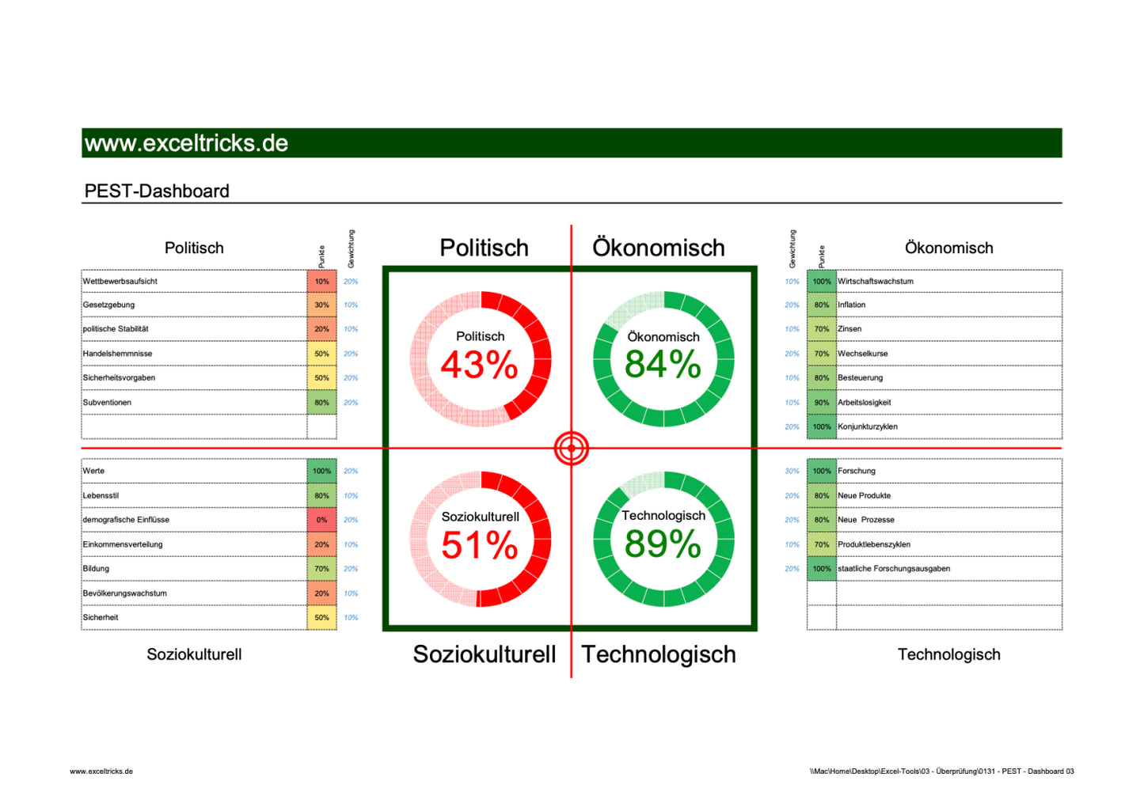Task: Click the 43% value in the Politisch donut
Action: pos(479,366)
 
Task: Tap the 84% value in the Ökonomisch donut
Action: pos(663,365)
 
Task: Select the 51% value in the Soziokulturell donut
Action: pos(479,545)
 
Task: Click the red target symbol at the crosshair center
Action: pos(571,449)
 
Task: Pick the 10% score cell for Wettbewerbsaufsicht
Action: pos(321,282)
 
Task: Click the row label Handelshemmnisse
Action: pos(117,354)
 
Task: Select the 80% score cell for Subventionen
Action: pos(321,403)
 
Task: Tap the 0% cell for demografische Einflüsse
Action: pos(321,520)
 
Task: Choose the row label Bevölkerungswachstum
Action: pos(124,593)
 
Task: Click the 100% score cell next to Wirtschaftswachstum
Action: pos(822,282)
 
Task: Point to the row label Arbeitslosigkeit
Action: pos(864,403)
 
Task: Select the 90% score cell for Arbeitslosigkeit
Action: pos(822,403)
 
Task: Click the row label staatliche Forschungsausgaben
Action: pos(894,569)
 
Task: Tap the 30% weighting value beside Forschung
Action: pos(792,472)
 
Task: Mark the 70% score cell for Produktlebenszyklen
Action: pos(822,544)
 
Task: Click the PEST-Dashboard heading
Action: pos(157,191)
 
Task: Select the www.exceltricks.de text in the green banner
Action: pos(186,143)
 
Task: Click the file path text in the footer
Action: pos(941,771)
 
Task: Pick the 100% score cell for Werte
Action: pos(321,472)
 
